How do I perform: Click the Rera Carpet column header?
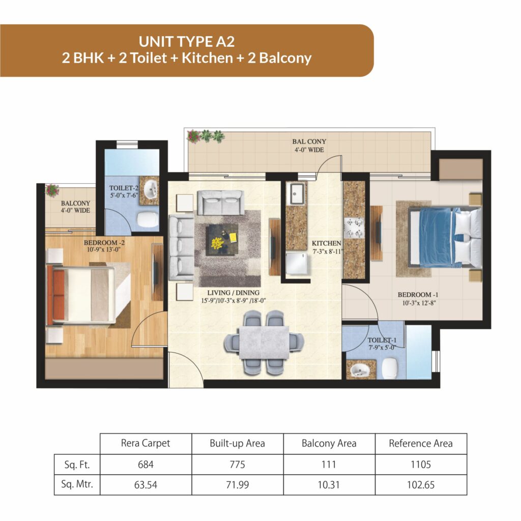(x=146, y=443)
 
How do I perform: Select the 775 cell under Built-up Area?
(x=237, y=464)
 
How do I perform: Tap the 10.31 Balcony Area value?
(x=329, y=485)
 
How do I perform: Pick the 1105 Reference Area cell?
(x=421, y=464)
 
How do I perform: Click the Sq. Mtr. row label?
(x=77, y=484)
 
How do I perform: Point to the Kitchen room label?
(x=326, y=243)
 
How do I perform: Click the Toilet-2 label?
(x=124, y=188)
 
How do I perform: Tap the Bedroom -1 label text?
(x=418, y=295)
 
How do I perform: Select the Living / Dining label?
(x=233, y=293)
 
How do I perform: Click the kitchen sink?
(x=297, y=193)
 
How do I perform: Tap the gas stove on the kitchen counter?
(x=354, y=228)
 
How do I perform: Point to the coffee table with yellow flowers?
(x=222, y=240)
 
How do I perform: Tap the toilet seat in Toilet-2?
(x=148, y=220)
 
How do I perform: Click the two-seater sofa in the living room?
(x=221, y=202)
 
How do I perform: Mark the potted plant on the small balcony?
(x=52, y=191)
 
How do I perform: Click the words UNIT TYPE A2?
(x=187, y=42)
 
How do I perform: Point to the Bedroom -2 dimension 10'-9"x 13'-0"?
(x=104, y=249)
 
